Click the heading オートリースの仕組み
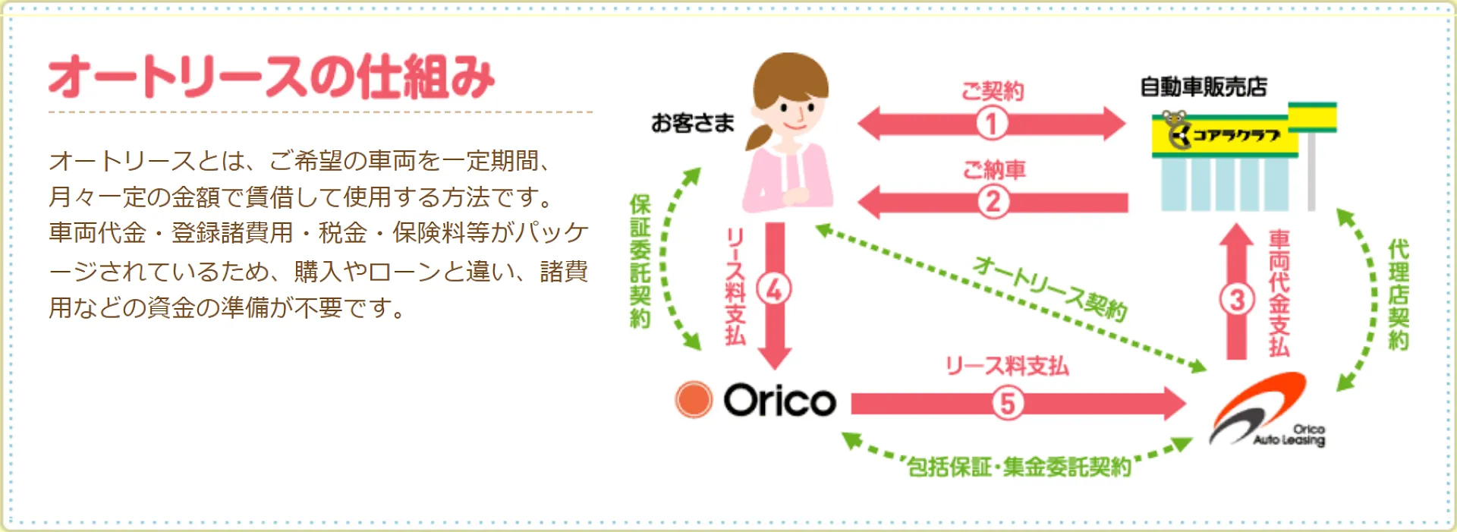point(271,77)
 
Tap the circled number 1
point(991,124)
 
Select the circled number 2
point(993,202)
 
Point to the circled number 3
point(1236,299)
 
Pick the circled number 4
point(774,289)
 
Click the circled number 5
point(1007,403)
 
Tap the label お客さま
point(692,123)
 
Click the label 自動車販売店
point(1204,87)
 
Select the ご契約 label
point(992,92)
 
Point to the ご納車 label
point(993,169)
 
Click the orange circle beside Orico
point(694,400)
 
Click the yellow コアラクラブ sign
point(1225,136)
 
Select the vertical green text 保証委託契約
point(640,261)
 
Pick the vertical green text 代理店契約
point(1398,294)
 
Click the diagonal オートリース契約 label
point(1050,288)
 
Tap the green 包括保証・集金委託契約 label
point(1019,467)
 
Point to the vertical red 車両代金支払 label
point(1279,294)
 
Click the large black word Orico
point(779,400)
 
